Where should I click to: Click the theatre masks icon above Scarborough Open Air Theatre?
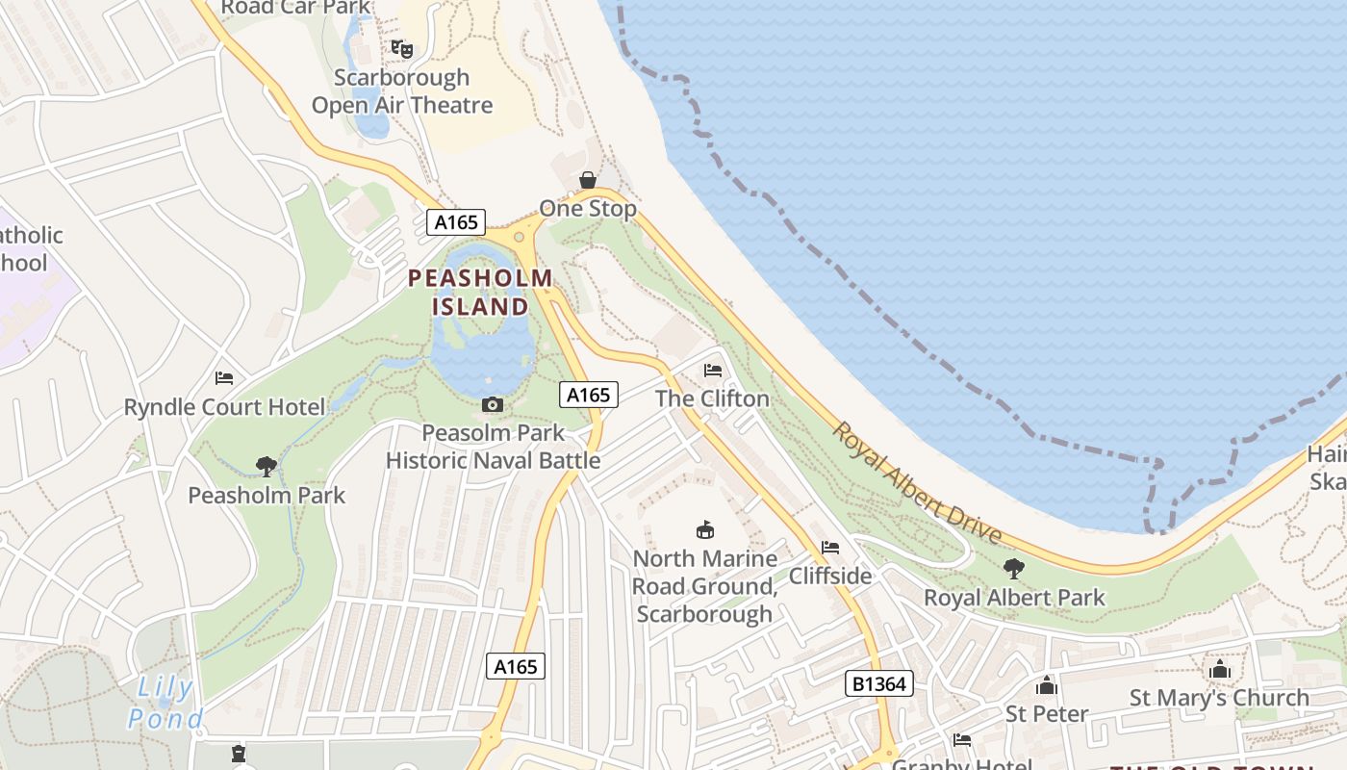[x=402, y=48]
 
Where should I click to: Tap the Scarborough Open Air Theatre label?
[x=402, y=91]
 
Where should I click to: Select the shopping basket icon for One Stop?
[x=587, y=180]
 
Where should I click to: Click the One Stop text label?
[x=587, y=209]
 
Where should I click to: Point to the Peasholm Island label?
[x=480, y=293]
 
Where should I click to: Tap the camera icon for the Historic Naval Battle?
[x=492, y=405]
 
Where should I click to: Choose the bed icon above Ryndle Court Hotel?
[x=224, y=378]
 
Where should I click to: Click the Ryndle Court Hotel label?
[x=225, y=407]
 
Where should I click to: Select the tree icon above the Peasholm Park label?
[x=267, y=467]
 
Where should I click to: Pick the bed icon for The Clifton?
[x=713, y=370]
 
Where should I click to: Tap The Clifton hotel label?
[x=713, y=398]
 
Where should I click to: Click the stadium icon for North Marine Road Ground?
[x=705, y=529]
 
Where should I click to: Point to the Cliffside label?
[x=830, y=576]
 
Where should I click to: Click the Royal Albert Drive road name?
[x=917, y=483]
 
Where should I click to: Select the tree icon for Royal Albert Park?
[x=1013, y=569]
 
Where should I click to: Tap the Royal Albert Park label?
[x=1014, y=598]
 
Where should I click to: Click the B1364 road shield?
[x=878, y=683]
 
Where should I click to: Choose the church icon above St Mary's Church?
[x=1220, y=669]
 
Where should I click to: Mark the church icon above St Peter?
[x=1047, y=685]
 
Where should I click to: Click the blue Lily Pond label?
[x=165, y=703]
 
